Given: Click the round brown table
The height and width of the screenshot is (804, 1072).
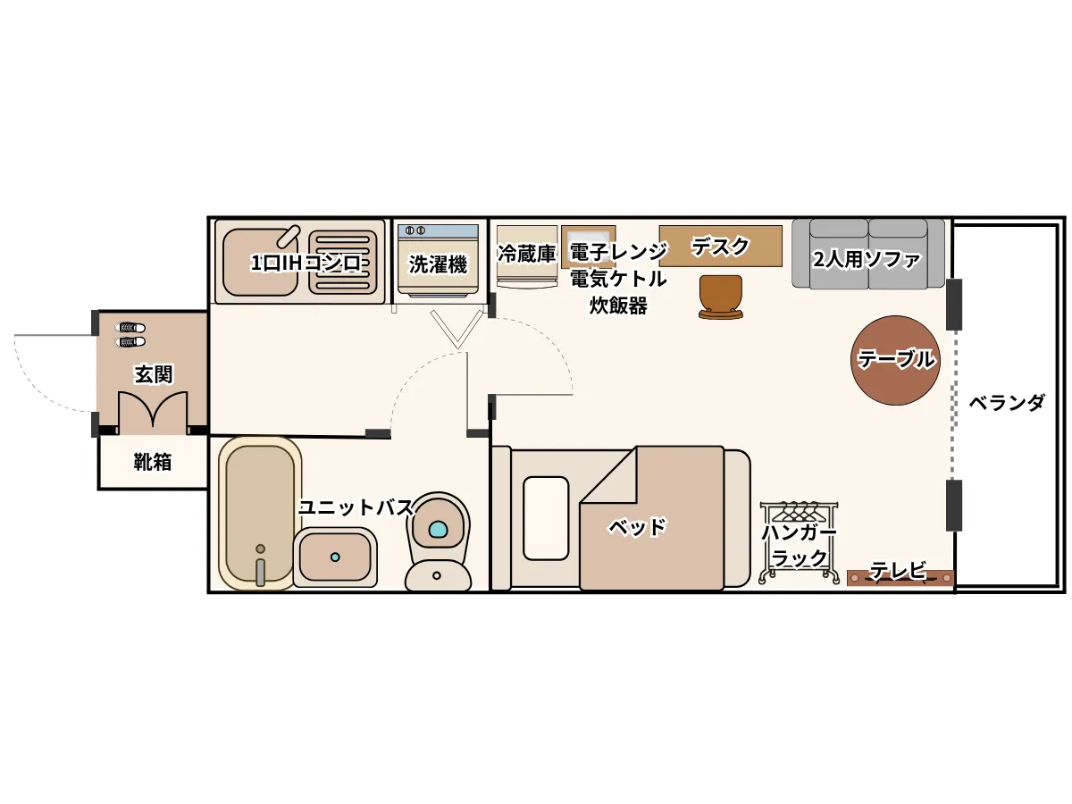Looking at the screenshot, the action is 895,360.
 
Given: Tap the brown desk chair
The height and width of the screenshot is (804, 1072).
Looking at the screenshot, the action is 720,297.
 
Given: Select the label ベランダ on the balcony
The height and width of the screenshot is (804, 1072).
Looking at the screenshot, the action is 1006,403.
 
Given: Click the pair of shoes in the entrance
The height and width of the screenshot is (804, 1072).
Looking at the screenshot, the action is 130,334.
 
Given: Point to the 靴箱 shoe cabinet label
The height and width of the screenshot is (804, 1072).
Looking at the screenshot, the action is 153,461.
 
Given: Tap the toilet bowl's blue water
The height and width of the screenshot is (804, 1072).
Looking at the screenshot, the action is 438,529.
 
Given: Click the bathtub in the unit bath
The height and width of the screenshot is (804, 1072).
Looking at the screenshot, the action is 260,514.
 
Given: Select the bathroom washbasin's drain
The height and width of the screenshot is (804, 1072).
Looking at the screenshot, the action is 335,557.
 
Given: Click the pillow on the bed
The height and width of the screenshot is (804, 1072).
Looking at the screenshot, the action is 546,518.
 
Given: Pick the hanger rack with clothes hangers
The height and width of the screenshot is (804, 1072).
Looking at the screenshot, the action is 799,542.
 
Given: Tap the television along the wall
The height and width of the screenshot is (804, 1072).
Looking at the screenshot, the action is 900,578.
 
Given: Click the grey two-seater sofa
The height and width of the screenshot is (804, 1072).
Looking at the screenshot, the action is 867,254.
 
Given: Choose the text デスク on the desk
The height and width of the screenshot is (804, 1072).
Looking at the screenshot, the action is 720,247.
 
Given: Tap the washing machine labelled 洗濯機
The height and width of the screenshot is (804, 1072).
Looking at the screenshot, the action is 438,260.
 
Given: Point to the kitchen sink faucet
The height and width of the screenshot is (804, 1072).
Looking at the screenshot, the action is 288,236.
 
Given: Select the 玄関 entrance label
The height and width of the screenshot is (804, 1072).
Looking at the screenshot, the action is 154,374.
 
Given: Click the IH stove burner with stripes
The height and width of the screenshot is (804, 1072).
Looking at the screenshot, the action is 343,262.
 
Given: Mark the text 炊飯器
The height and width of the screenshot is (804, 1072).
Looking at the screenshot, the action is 618,306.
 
